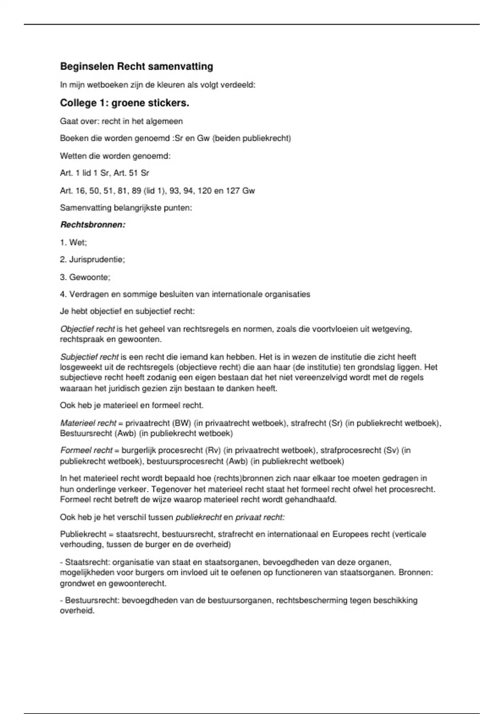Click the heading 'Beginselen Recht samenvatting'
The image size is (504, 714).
click(136, 66)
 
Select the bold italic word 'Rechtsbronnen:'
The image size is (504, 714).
click(93, 225)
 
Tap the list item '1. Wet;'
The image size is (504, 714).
click(73, 242)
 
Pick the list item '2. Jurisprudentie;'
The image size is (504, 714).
click(92, 260)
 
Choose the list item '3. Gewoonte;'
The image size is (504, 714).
click(85, 277)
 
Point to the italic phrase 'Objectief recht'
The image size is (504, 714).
click(87, 329)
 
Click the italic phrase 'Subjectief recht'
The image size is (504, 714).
click(89, 357)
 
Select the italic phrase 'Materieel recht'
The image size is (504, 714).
click(88, 423)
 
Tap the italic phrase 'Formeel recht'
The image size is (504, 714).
click(86, 450)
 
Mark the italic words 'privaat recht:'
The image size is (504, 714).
click(260, 517)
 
